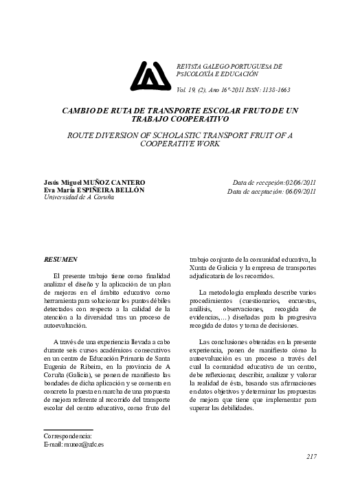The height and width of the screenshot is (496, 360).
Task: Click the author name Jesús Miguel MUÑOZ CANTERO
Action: click(94, 181)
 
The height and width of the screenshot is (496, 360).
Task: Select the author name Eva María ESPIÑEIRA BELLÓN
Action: click(94, 190)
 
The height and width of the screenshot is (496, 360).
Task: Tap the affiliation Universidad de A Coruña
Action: click(79, 197)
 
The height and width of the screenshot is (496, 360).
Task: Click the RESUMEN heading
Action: click(60, 260)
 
